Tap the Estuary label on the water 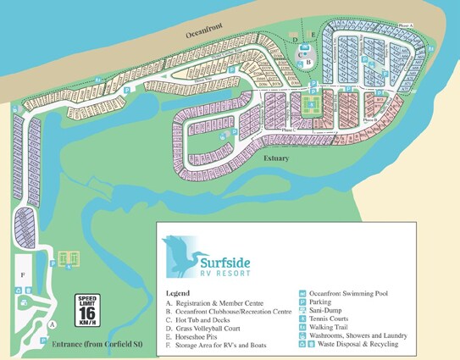pyautogui.click(x=276, y=158)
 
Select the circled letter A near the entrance pyautogui.click(x=52, y=324)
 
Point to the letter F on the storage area pyautogui.click(x=24, y=275)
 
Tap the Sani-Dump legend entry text pyautogui.click(x=330, y=312)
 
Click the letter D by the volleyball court pyautogui.click(x=295, y=39)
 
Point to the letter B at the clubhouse pyautogui.click(x=309, y=62)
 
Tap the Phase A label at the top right pyautogui.click(x=406, y=25)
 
